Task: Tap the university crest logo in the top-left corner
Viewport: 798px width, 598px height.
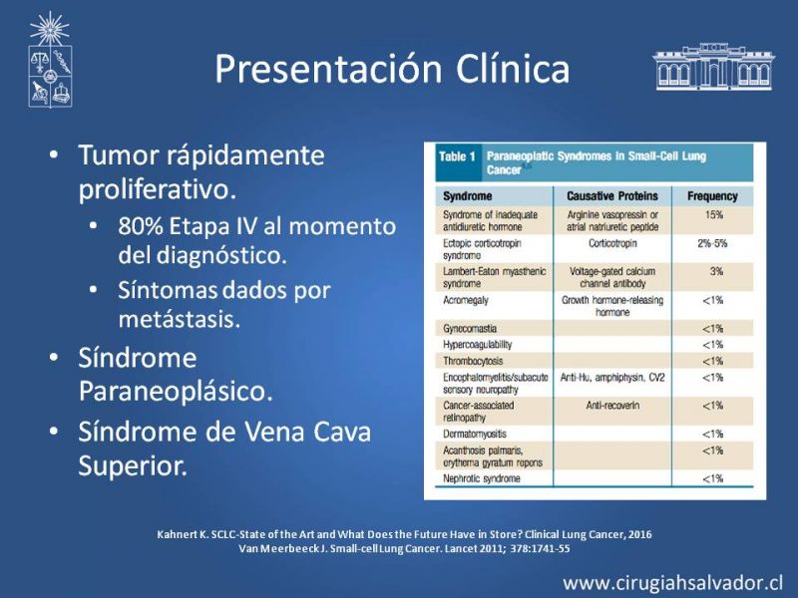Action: tap(50, 60)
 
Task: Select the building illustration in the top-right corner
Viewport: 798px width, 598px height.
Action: tap(713, 67)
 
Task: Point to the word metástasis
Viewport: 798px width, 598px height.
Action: tap(180, 319)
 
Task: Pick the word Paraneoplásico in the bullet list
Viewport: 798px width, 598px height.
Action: tap(176, 391)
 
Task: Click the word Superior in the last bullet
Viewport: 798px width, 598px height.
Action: tap(133, 465)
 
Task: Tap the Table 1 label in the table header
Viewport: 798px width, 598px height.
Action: tap(457, 156)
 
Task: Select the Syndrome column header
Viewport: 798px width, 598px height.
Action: tap(467, 196)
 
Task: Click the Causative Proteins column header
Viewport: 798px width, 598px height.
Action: tap(612, 196)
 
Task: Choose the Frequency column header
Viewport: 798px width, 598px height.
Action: tap(712, 196)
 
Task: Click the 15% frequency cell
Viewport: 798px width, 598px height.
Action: tap(714, 214)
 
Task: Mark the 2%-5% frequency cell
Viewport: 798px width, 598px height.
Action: tap(712, 243)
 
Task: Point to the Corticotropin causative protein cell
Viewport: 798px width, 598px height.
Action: tap(612, 243)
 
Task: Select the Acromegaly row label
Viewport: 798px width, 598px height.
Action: tap(466, 300)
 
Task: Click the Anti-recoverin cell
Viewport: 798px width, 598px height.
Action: tap(612, 406)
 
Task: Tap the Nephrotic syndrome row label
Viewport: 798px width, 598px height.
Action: tap(482, 478)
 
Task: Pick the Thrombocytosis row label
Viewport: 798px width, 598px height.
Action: tap(473, 361)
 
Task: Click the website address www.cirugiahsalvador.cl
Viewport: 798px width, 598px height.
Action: tap(672, 583)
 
